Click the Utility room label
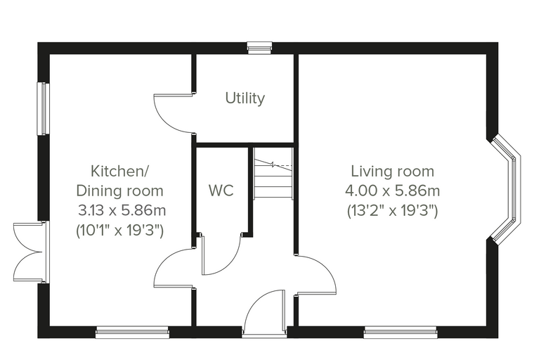245,98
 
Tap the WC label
221,191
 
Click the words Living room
393,171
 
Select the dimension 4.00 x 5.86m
393,191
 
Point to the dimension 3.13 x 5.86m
122,210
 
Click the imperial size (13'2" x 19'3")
392,211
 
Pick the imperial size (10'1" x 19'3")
120,231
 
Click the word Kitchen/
119,171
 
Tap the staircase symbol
273,173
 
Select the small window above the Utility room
259,48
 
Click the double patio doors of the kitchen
30,252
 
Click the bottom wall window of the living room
400,333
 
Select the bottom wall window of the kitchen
132,333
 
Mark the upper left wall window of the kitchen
44,108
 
